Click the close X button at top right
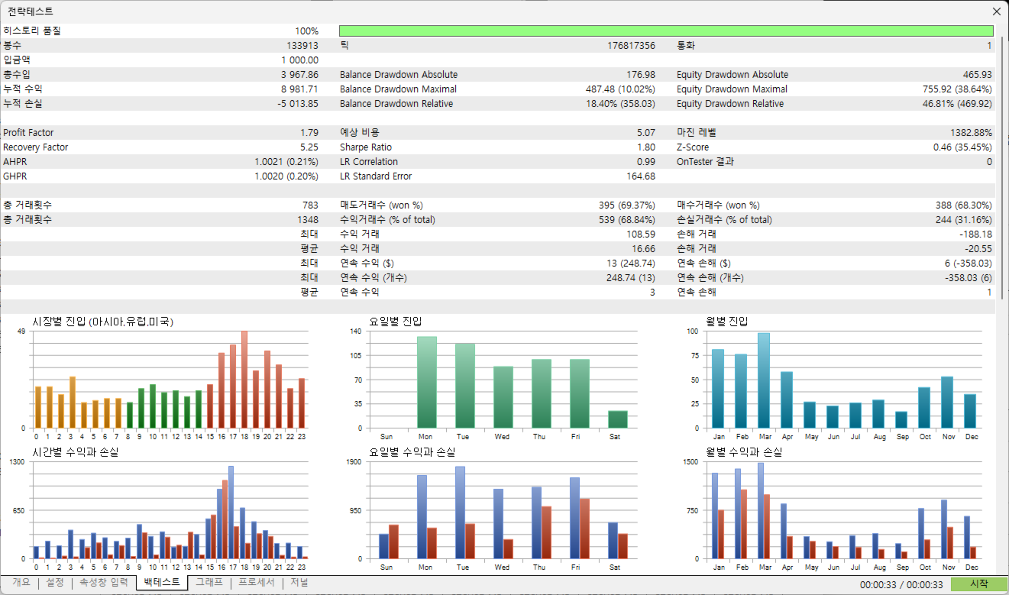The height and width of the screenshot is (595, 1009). coord(996,11)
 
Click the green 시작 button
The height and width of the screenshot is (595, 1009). coord(978,584)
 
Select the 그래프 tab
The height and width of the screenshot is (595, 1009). coord(209,582)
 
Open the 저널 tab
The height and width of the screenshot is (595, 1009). coord(299,582)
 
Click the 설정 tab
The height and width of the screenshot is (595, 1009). coord(55,582)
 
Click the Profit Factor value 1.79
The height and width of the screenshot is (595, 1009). coord(309,132)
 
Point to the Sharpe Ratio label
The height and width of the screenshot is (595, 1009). coord(366,147)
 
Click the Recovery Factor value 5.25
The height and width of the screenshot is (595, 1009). coord(309,147)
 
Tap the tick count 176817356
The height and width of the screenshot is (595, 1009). coord(631,46)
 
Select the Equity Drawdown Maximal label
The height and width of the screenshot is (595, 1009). coord(732,89)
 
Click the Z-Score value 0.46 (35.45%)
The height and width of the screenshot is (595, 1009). coord(962,147)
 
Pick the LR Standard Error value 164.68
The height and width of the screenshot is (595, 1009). coord(641,176)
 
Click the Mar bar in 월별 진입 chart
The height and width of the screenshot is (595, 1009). coord(764,380)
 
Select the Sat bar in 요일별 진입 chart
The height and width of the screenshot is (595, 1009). coord(618,419)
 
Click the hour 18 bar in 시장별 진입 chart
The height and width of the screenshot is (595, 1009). coord(244,380)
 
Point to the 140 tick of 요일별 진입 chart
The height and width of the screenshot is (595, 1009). coord(356,331)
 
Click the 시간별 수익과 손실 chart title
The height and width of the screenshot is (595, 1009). coord(75,451)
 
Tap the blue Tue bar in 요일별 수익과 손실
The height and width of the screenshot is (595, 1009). coord(460,513)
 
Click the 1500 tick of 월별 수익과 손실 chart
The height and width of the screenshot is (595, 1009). coord(691,461)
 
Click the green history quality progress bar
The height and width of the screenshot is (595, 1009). coord(666,31)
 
